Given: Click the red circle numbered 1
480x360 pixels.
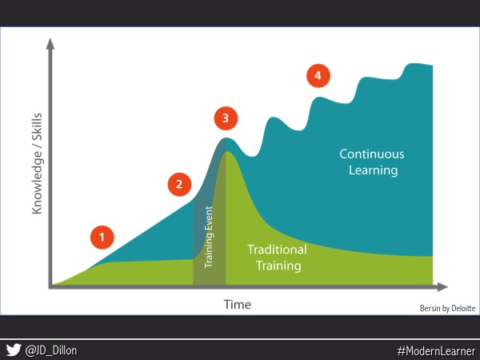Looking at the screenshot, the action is (x=102, y=238).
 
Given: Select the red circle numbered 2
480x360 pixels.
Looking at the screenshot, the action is (x=179, y=184).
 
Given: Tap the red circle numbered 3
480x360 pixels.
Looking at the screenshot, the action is (x=226, y=118).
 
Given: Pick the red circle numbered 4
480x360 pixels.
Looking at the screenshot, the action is (x=318, y=76).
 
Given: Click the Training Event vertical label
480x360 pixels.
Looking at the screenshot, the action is (x=209, y=237).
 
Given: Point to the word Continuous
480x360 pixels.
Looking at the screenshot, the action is (x=372, y=154).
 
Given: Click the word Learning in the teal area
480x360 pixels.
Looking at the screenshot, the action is (x=373, y=170).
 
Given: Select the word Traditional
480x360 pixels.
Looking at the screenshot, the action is (x=277, y=250).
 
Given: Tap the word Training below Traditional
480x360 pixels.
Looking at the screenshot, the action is (x=278, y=266).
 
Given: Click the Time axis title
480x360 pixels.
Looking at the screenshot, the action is (x=238, y=305).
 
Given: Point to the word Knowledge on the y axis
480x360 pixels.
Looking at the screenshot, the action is (x=37, y=182).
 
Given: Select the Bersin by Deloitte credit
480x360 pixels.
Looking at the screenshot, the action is (x=447, y=308).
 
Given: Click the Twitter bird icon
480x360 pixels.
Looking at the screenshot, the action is (x=14, y=350).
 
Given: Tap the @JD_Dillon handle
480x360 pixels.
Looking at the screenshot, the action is (x=51, y=350).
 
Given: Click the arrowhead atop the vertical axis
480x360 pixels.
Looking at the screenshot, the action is (x=50, y=43).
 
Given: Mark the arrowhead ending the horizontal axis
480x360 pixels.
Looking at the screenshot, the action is (x=442, y=287).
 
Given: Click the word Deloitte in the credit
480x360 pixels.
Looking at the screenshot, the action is (x=463, y=308).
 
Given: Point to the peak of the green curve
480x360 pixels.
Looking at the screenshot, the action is (x=226, y=151).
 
